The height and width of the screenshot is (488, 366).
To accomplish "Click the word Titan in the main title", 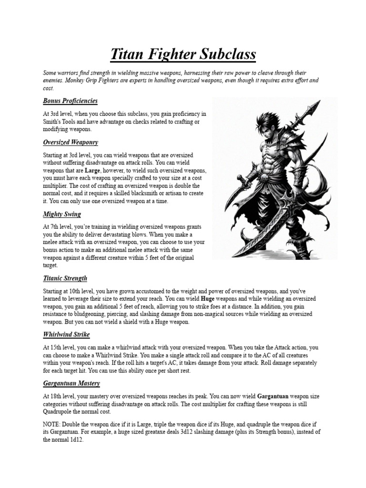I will click(128, 55).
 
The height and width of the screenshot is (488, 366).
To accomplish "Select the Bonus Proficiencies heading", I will click(70, 101).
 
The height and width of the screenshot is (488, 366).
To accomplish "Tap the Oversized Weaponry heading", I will click(70, 142).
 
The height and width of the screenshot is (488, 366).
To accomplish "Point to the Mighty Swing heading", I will click(62, 214).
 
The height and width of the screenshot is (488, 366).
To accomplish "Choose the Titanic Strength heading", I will click(65, 278).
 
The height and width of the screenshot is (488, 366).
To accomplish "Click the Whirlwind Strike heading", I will click(66, 335).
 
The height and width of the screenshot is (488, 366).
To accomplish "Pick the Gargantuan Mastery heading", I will click(71, 384).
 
